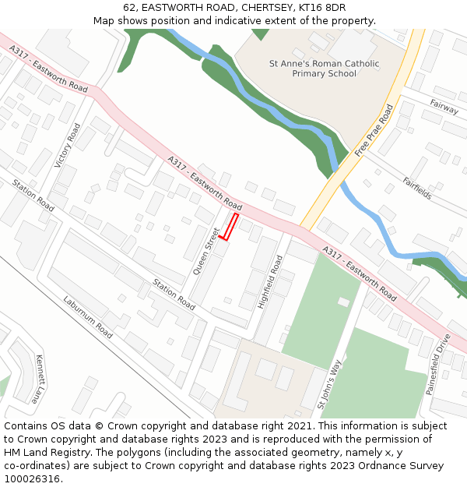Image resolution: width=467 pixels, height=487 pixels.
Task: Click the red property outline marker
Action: pyautogui.click(x=230, y=227)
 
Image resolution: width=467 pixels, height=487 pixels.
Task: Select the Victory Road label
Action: pyautogui.click(x=68, y=146)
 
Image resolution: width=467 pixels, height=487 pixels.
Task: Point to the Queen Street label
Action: pyautogui.click(x=207, y=251)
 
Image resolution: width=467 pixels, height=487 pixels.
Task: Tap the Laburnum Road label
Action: pyautogui.click(x=88, y=317)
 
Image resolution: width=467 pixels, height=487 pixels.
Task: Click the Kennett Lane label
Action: pyautogui.click(x=37, y=379)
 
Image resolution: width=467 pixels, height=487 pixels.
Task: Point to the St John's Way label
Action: pyautogui.click(x=329, y=384)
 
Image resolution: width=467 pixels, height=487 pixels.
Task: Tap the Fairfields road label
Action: pyautogui.click(x=417, y=188)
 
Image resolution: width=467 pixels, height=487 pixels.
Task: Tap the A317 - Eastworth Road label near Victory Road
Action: pyautogui.click(x=48, y=69)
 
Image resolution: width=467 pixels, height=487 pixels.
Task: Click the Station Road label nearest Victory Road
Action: pyautogui.click(x=32, y=194)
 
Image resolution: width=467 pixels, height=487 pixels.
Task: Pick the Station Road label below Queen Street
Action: pyautogui.click(x=174, y=294)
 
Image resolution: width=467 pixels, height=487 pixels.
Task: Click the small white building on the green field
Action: pyautogui.click(x=343, y=302)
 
